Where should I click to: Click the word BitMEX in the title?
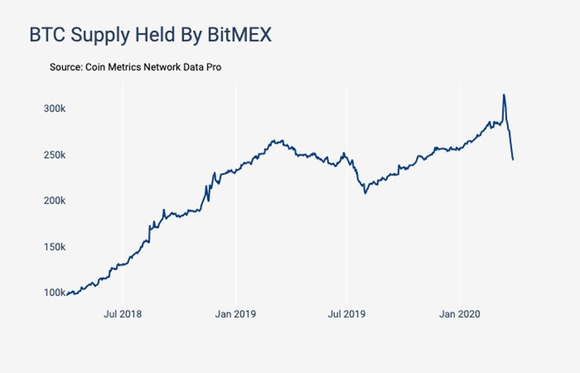pos(239,35)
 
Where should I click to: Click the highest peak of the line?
pos(504,95)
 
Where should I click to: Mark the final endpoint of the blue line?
pos(513,160)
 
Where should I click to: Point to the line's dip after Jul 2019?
pos(365,192)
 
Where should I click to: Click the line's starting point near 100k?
pos(67,294)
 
